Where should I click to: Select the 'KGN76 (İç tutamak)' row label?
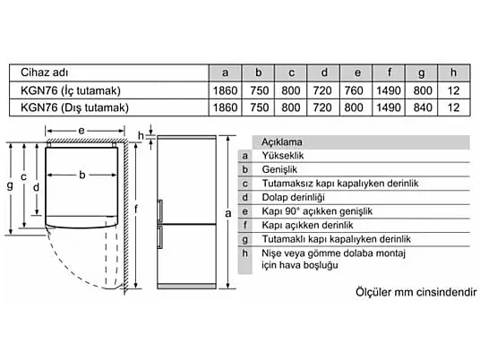coord(71,90)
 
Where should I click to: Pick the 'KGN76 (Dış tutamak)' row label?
coord(74,107)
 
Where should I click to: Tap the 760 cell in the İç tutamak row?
coord(354,90)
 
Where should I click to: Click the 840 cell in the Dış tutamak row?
coord(423,107)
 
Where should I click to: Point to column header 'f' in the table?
coord(389,73)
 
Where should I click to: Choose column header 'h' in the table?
coord(453,73)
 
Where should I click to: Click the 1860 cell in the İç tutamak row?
coord(226,90)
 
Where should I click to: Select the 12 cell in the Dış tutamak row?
coord(453,107)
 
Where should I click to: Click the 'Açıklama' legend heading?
coord(281,142)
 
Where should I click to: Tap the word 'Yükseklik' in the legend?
coord(283,156)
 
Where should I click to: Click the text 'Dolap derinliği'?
coord(293,197)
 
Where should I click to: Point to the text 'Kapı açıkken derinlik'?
coord(307,226)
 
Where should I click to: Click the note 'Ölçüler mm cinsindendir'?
coord(416,292)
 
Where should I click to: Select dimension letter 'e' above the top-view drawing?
coord(81,131)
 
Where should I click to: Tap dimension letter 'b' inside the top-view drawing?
coord(82,175)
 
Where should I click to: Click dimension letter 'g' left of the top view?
coord(10,185)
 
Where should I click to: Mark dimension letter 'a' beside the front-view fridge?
coord(228,213)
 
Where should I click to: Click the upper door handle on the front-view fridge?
coord(160,211)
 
